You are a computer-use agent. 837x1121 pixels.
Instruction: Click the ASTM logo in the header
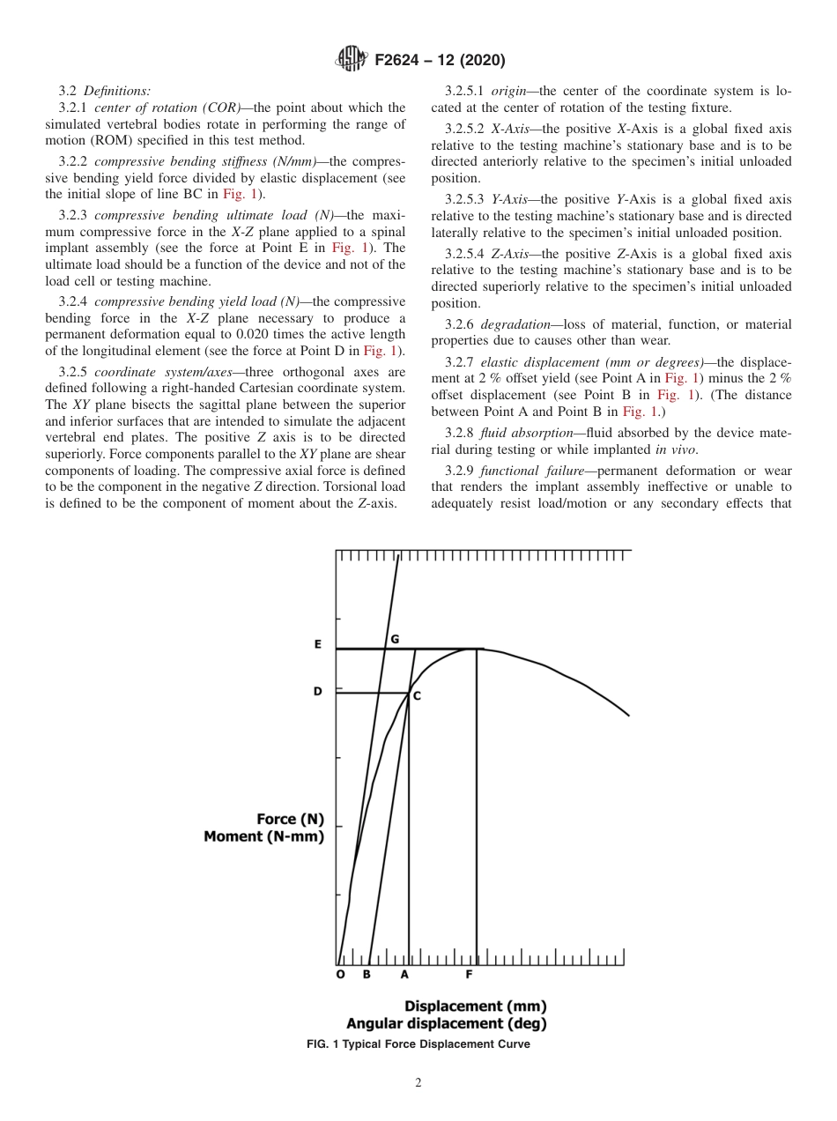pyautogui.click(x=352, y=60)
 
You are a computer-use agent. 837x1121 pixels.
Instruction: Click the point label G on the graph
pyautogui.click(x=395, y=639)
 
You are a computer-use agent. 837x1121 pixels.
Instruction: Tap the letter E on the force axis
pyautogui.click(x=318, y=644)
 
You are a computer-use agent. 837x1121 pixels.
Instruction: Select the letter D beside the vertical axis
pyautogui.click(x=318, y=692)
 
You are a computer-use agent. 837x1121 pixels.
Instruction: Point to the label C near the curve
pyautogui.click(x=417, y=696)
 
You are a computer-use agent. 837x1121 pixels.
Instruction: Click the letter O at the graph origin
pyautogui.click(x=341, y=975)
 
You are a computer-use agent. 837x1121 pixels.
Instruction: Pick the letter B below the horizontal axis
pyautogui.click(x=367, y=975)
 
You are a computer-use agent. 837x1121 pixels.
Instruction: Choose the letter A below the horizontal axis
pyautogui.click(x=404, y=975)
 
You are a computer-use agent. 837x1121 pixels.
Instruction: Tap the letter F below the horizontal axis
pyautogui.click(x=469, y=975)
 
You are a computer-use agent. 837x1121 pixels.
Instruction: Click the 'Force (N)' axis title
pyautogui.click(x=290, y=819)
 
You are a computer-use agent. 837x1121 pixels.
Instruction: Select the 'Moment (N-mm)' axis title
pyautogui.click(x=263, y=836)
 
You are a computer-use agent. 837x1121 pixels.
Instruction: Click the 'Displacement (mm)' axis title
pyautogui.click(x=475, y=1006)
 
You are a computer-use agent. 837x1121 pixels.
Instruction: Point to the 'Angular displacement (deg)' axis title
pyautogui.click(x=446, y=1023)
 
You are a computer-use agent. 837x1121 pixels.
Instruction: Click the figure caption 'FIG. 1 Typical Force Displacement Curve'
pyautogui.click(x=418, y=1044)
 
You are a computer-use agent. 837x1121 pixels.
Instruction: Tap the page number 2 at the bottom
pyautogui.click(x=418, y=1083)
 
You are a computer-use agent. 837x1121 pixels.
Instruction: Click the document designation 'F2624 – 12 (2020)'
pyautogui.click(x=440, y=61)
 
